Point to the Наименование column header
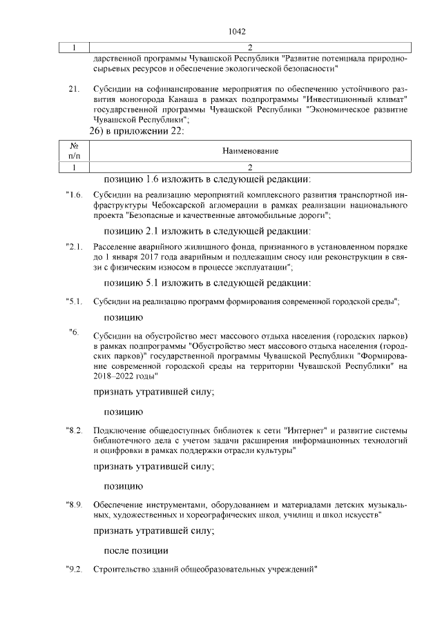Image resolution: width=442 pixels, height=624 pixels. [x=250, y=150]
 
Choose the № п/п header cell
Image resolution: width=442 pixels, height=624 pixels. [x=74, y=150]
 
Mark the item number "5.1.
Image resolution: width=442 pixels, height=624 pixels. [x=74, y=301]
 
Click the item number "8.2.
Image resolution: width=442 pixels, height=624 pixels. [x=74, y=430]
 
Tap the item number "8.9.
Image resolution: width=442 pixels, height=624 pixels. [x=74, y=505]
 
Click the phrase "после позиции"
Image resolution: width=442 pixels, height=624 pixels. [x=135, y=550]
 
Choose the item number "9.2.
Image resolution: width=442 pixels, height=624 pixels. [x=74, y=570]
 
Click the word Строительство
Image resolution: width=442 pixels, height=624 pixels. [x=122, y=570]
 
